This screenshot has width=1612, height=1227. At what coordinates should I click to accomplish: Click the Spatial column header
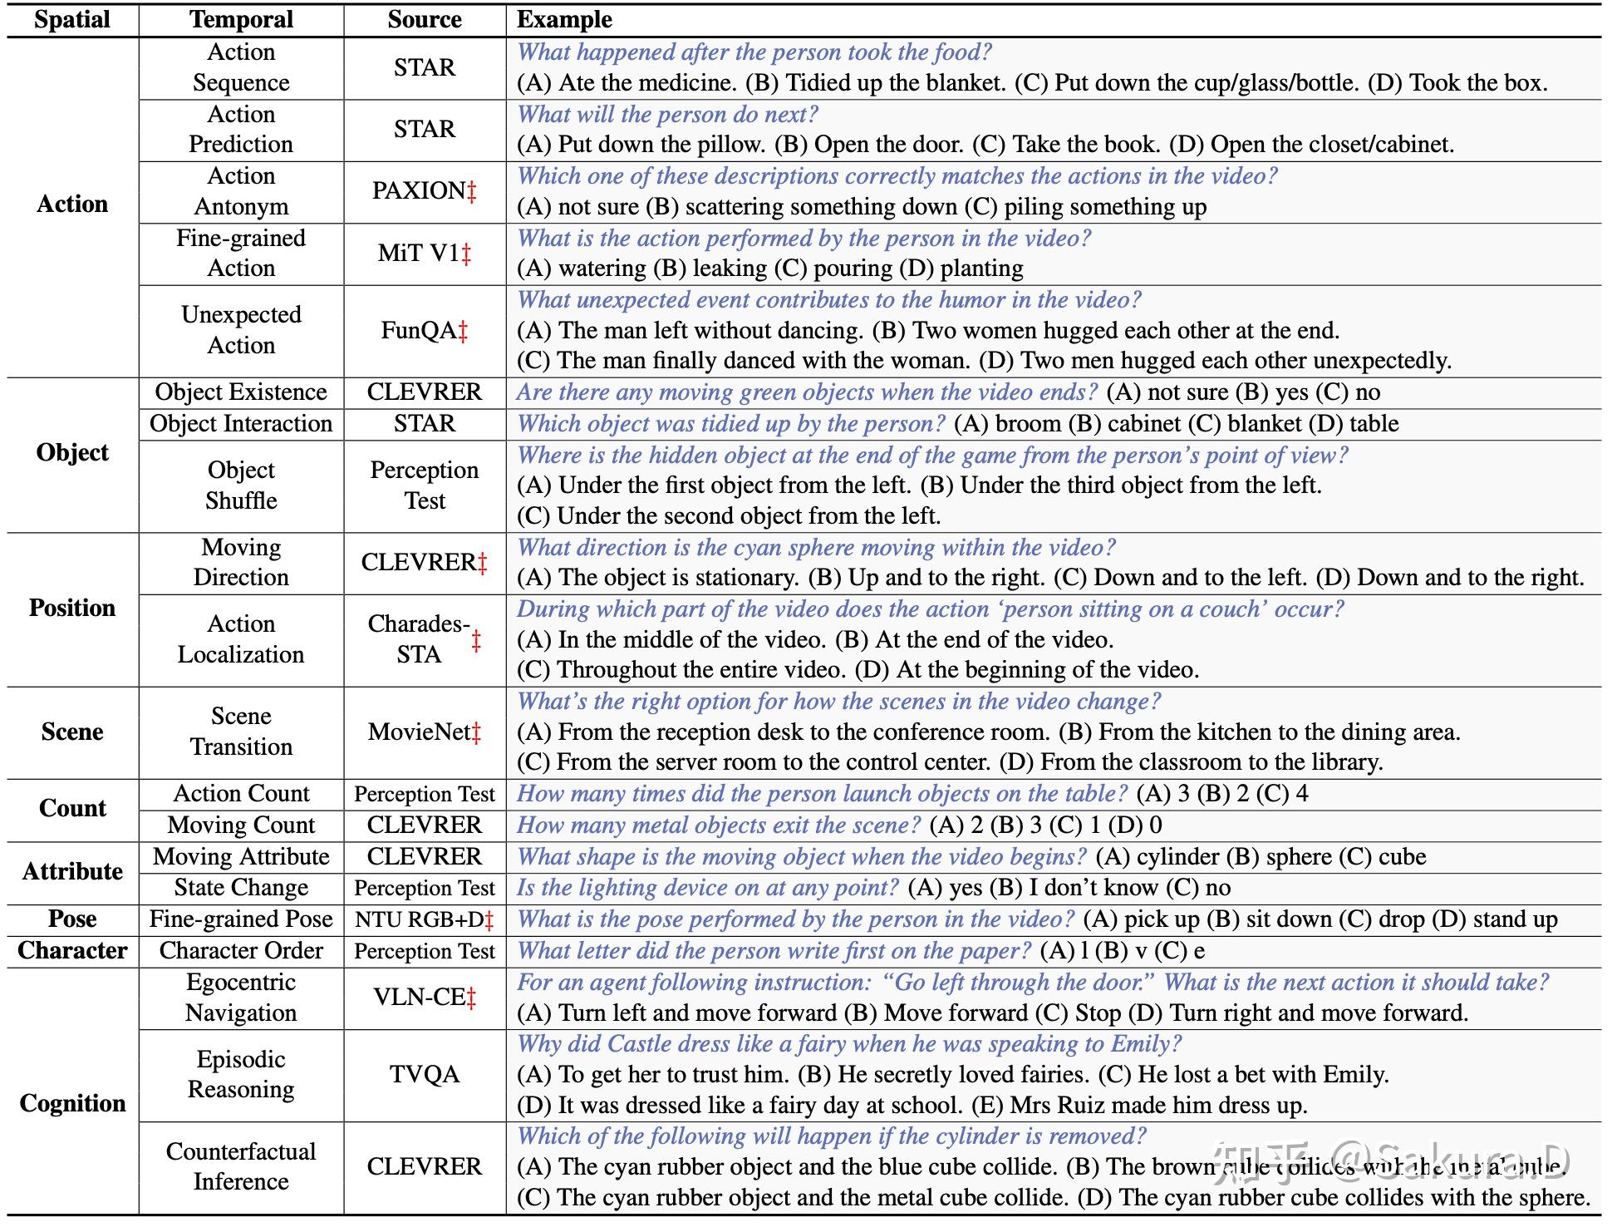pyautogui.click(x=72, y=20)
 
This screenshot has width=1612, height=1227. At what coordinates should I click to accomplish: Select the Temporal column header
pyautogui.click(x=241, y=20)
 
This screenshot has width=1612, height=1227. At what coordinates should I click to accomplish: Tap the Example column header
pyautogui.click(x=564, y=20)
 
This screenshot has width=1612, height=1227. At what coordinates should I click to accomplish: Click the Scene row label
pyautogui.click(x=72, y=732)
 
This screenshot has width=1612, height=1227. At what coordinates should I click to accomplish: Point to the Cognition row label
pyautogui.click(x=72, y=1103)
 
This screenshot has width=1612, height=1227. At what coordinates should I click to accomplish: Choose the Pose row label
pyautogui.click(x=72, y=919)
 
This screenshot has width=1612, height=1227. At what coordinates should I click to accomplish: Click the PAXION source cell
pyautogui.click(x=424, y=191)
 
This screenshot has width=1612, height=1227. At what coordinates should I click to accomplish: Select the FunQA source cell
pyautogui.click(x=424, y=331)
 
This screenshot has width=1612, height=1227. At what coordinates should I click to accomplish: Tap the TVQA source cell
pyautogui.click(x=425, y=1074)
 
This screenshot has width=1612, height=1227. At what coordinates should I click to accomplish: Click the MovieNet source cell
pyautogui.click(x=424, y=732)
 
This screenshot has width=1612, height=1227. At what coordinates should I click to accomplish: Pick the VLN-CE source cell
pyautogui.click(x=424, y=997)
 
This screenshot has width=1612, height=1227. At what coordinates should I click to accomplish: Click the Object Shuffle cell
pyautogui.click(x=241, y=485)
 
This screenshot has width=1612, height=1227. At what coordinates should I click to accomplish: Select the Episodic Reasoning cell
pyautogui.click(x=241, y=1074)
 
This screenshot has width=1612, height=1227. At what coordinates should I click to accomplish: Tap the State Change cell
pyautogui.click(x=241, y=888)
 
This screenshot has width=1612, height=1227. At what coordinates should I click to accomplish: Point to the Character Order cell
pyautogui.click(x=241, y=951)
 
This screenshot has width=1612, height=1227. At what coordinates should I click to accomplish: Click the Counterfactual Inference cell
pyautogui.click(x=241, y=1166)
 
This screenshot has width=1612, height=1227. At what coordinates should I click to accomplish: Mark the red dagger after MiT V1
pyautogui.click(x=466, y=254)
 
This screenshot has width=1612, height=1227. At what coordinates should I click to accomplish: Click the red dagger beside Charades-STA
pyautogui.click(x=476, y=641)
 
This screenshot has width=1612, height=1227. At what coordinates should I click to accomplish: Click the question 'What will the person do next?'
pyautogui.click(x=668, y=114)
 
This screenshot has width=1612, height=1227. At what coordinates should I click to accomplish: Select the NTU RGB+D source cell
pyautogui.click(x=424, y=919)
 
